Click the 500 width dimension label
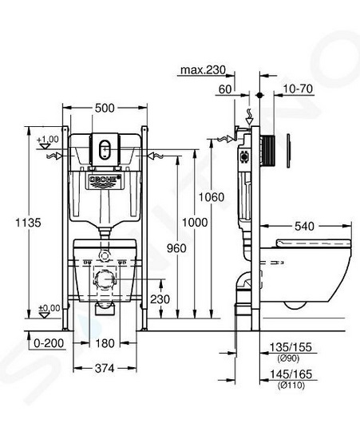[x=105, y=108]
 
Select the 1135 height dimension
[x=28, y=223]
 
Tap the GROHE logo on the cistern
[x=105, y=180]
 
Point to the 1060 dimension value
[x=212, y=197]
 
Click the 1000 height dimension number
[x=195, y=223]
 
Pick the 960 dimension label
[x=176, y=248]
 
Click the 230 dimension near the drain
[x=160, y=299]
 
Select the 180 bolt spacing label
[x=105, y=343]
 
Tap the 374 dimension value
[x=105, y=369]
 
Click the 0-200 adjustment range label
[x=49, y=343]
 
